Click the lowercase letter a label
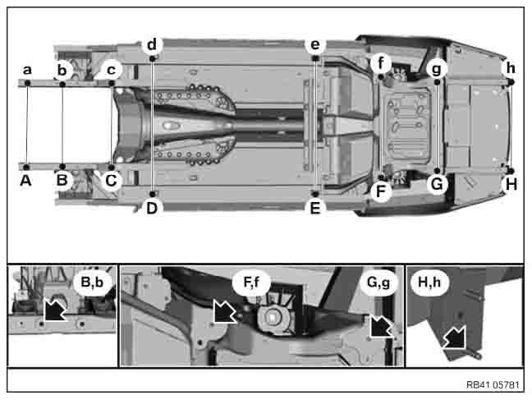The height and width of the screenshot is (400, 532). (x=27, y=70)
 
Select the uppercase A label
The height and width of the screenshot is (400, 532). (x=25, y=181)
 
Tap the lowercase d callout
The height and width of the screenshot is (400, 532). (x=152, y=44)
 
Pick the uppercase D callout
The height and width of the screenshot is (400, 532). (x=152, y=208)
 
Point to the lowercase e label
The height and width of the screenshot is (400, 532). (x=315, y=44)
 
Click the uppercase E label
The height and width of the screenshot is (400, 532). (x=315, y=208)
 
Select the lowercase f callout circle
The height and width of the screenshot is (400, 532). (x=381, y=62)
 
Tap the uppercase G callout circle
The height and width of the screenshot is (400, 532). (x=437, y=184)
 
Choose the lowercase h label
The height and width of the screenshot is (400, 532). (x=511, y=68)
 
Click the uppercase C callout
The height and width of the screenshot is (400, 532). (x=112, y=181)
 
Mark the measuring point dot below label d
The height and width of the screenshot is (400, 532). (x=153, y=59)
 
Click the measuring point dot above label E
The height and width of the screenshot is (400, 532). (x=315, y=194)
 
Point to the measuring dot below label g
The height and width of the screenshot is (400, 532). (x=437, y=82)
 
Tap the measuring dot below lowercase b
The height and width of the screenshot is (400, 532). (x=62, y=84)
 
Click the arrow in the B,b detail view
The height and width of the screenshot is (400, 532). (x=55, y=309)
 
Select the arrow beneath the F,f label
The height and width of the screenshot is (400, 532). (x=225, y=311)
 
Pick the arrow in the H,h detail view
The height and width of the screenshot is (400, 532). (x=455, y=338)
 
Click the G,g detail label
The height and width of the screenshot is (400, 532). (x=378, y=283)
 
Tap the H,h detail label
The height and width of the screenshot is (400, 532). (x=429, y=282)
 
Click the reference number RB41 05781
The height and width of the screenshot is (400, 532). (x=493, y=384)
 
